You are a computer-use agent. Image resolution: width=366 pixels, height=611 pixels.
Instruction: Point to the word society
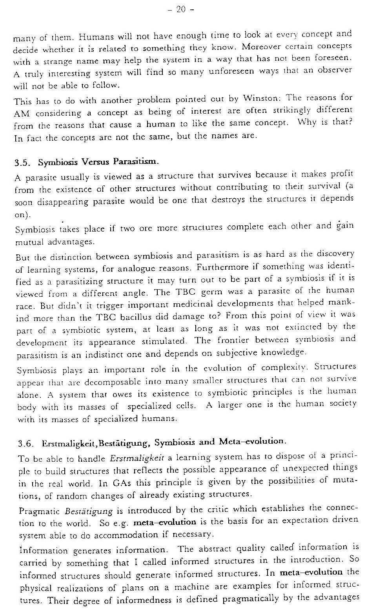pyautogui.click(x=341, y=404)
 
